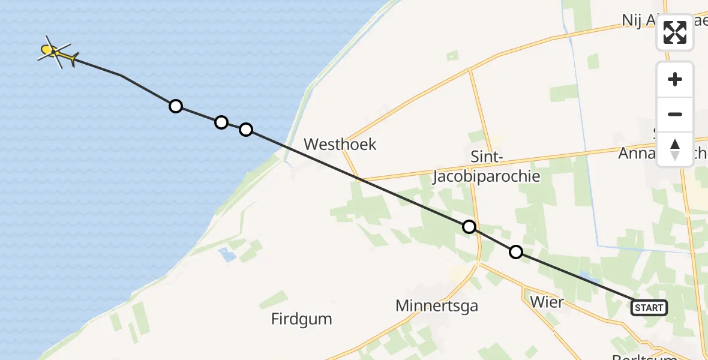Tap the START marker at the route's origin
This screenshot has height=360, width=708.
coord(649,308)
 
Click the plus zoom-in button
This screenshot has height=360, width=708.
coord(675,79)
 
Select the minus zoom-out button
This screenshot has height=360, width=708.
coord(675,114)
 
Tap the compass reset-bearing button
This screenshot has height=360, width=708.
coord(675,149)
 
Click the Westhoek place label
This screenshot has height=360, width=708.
coord(340,144)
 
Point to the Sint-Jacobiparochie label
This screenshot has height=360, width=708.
coord(487,167)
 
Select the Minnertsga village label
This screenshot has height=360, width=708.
coord(437,306)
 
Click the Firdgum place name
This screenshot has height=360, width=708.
coord(302,319)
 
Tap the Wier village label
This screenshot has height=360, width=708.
coord(547,301)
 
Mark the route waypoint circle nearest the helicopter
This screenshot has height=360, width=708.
coord(175,106)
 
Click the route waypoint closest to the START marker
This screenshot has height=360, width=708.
coord(515,252)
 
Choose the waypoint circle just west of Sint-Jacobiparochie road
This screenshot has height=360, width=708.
coord(469,227)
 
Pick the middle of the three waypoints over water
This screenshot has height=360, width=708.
coord(221,122)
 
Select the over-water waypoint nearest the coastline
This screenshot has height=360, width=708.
coord(245,129)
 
